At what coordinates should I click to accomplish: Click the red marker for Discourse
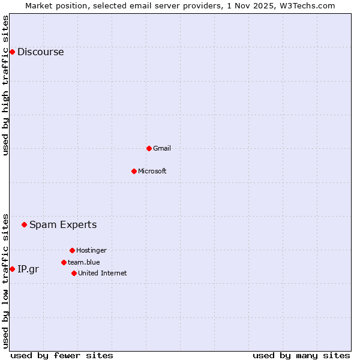click(12, 52)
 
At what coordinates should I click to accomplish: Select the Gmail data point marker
click(149, 148)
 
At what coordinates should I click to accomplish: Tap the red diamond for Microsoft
click(134, 171)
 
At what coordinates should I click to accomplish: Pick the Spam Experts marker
click(24, 225)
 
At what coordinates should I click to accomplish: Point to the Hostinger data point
click(72, 250)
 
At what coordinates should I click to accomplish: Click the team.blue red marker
click(64, 262)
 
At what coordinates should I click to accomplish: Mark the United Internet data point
click(74, 273)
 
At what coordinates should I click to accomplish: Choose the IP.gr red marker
click(12, 269)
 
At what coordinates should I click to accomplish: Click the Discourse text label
click(40, 52)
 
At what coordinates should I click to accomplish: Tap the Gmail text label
click(162, 148)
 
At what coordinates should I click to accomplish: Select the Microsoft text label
click(152, 171)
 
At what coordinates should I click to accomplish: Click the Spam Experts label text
click(63, 225)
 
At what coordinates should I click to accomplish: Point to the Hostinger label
click(91, 250)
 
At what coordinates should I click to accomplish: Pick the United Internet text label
click(103, 273)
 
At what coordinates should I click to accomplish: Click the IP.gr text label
click(28, 269)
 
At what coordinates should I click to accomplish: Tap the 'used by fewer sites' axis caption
click(62, 355)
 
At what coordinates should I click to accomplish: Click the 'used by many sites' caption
click(301, 355)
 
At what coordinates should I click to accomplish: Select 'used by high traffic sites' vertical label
click(6, 85)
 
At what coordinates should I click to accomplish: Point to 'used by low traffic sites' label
click(6, 280)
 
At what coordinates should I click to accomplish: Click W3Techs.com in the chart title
click(307, 5)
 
